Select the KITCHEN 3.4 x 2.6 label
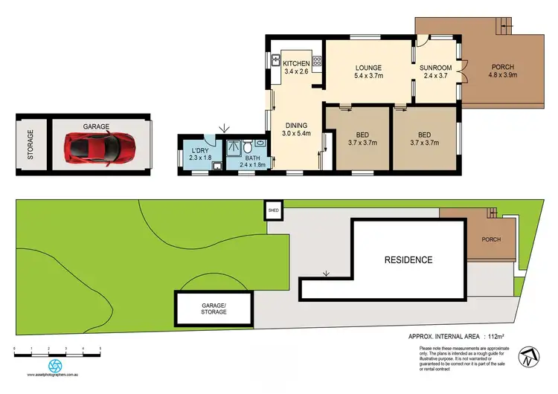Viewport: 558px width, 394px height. point(296,68)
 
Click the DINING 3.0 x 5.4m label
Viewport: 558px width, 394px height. point(295,129)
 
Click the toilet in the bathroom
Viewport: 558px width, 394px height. point(258,146)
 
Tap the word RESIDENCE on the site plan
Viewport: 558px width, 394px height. point(408,260)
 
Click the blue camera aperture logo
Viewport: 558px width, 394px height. point(54,366)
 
